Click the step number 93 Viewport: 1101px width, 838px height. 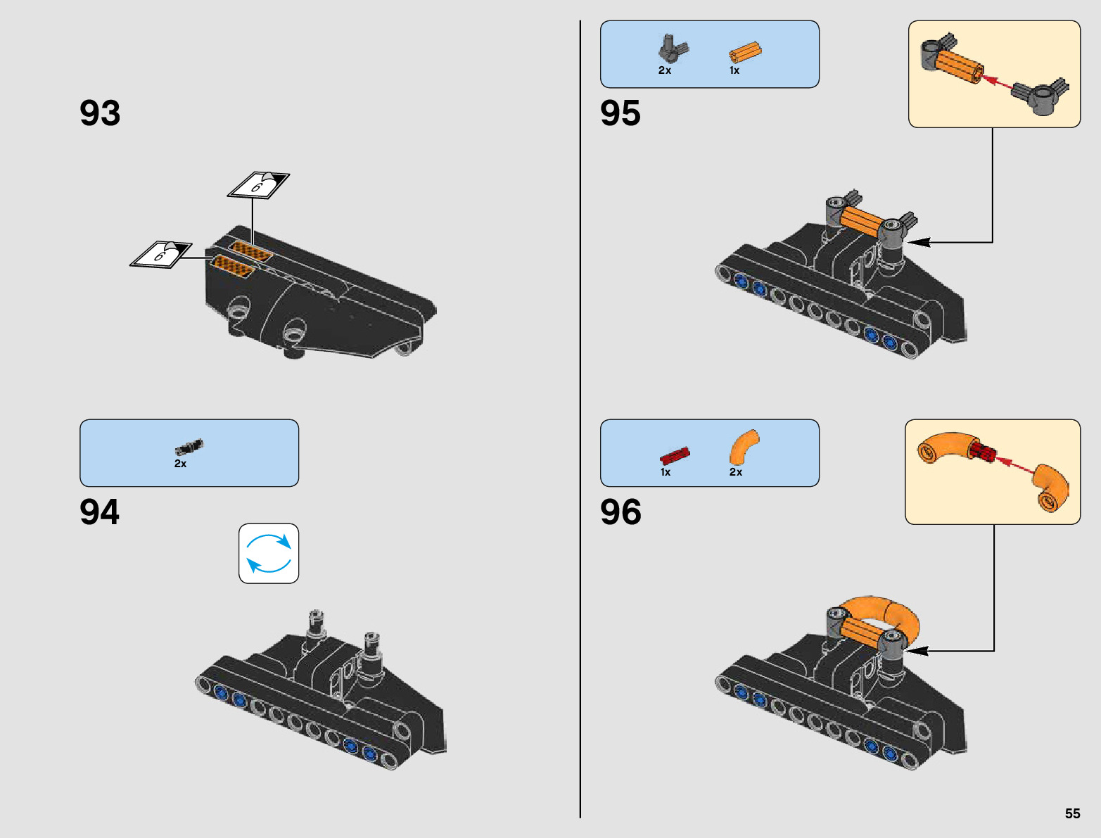100,113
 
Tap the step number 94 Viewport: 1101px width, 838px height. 100,512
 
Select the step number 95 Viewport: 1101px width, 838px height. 620,113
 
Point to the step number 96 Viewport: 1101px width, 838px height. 620,512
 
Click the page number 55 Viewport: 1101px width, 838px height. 1072,813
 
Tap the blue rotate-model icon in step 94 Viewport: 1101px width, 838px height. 269,553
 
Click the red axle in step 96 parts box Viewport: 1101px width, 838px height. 675,455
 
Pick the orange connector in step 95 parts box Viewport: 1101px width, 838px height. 745,53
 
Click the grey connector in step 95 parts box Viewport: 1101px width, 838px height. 673,49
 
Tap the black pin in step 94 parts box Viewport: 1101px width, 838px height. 189,447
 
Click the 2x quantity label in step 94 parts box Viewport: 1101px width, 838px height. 181,464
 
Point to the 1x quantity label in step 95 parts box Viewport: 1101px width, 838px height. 734,70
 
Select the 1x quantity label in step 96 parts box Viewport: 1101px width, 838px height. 666,472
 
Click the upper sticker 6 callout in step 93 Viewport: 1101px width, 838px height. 258,186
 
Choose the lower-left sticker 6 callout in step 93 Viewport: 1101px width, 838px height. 161,254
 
